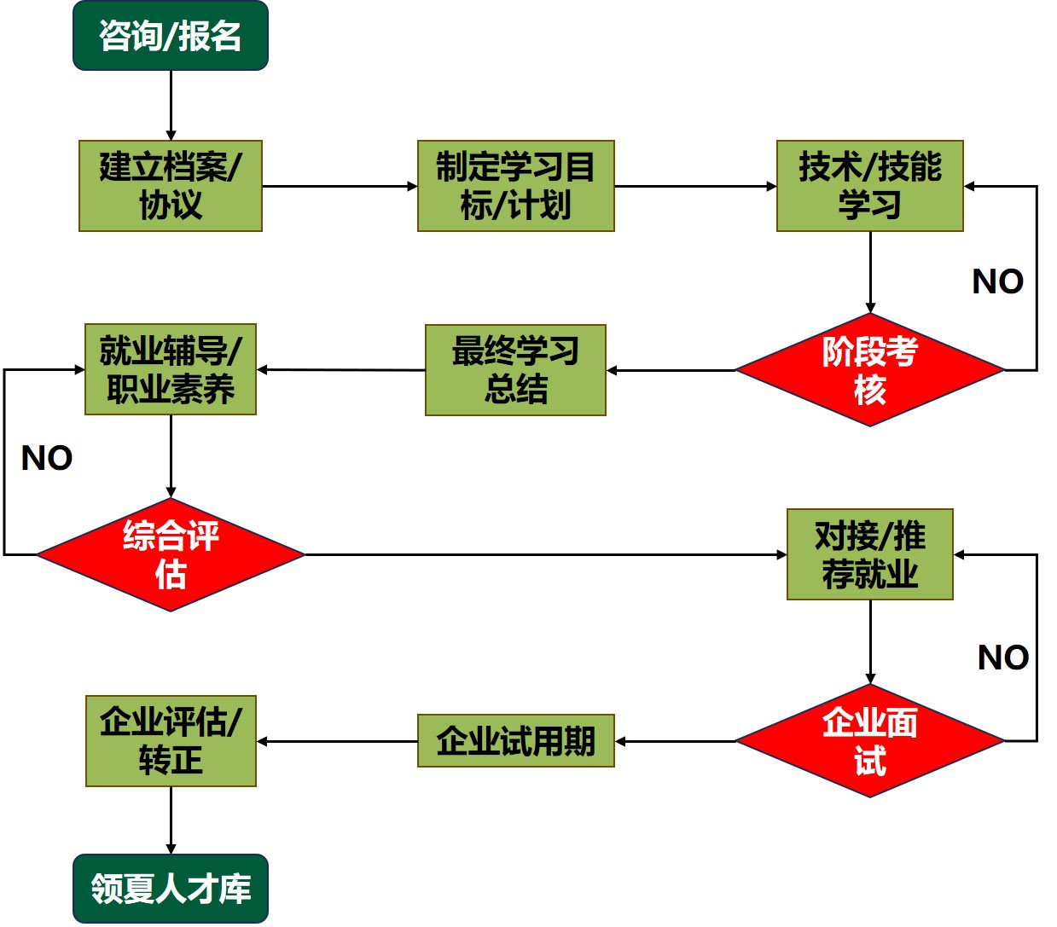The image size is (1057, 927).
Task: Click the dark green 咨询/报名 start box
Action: tap(171, 36)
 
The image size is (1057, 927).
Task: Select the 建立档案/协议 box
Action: tap(171, 186)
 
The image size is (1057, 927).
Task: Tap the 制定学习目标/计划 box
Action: tap(515, 186)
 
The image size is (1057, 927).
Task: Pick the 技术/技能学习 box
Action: tap(869, 186)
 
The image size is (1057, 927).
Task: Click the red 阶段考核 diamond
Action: tap(869, 370)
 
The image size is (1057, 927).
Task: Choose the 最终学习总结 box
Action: tap(515, 370)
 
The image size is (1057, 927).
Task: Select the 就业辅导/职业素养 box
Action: tap(171, 369)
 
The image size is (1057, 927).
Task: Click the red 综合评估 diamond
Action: tap(171, 554)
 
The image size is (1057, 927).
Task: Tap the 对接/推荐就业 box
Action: tap(869, 554)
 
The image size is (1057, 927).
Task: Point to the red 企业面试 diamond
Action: tap(869, 741)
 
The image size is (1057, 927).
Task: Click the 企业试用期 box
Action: tap(515, 741)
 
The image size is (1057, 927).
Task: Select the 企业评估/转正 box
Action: tap(171, 740)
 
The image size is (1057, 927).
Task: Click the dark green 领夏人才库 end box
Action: tap(171, 889)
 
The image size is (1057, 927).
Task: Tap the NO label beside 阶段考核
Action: tap(997, 281)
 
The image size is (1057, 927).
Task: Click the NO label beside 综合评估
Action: tap(47, 459)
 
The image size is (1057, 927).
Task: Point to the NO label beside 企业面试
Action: tap(1002, 658)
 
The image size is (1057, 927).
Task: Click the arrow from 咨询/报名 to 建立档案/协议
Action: tap(171, 105)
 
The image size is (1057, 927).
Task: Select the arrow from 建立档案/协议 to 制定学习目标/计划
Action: tap(339, 186)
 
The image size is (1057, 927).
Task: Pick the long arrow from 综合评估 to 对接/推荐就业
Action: tap(546, 554)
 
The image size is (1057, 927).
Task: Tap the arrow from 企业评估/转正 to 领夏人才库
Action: tap(171, 820)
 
